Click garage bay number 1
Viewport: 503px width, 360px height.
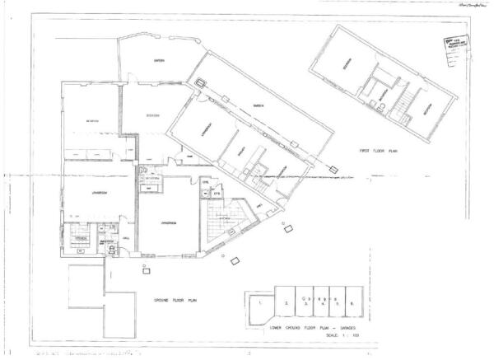tap(261, 303)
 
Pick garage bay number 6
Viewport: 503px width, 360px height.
tap(352, 304)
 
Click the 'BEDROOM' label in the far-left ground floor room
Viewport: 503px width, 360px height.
tap(92, 122)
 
